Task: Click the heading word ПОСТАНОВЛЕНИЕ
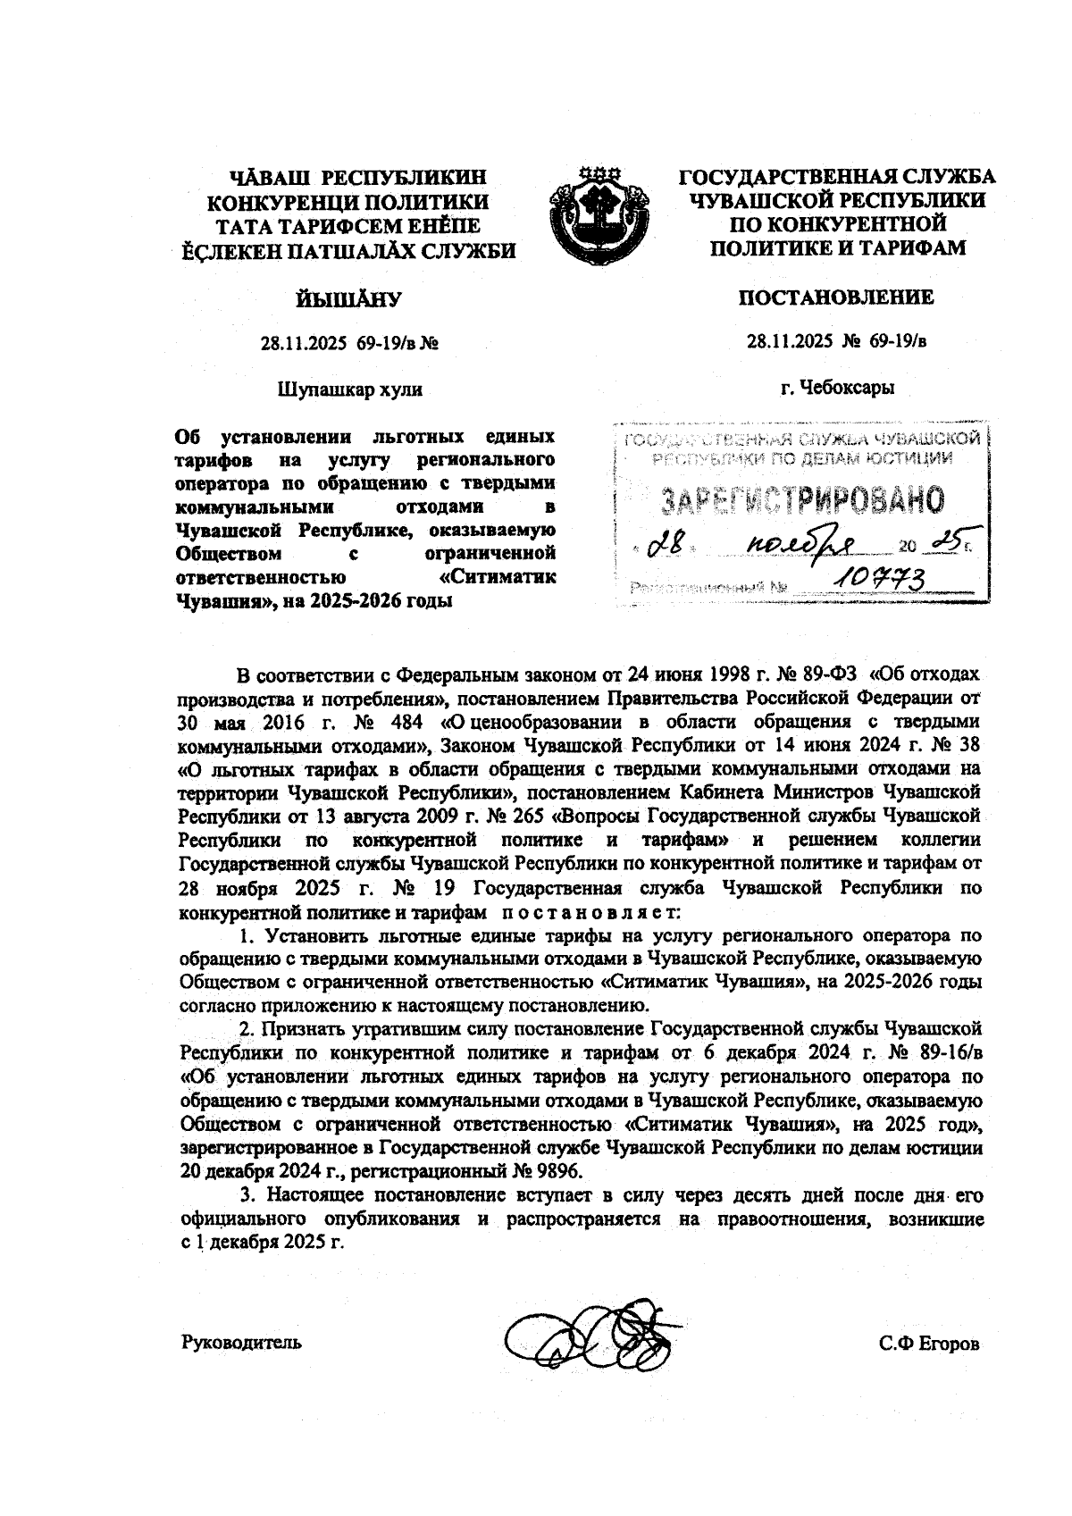pos(836,297)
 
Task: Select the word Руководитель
pos(241,1342)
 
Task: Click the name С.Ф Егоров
pos(928,1344)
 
